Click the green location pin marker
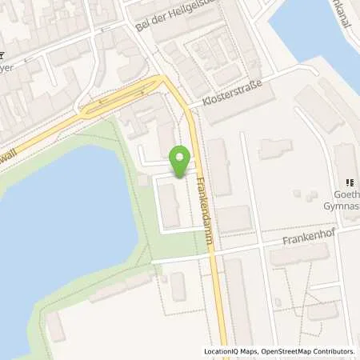click(181, 159)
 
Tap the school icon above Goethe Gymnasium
click(350, 182)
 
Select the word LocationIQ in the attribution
click(224, 351)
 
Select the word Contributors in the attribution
click(334, 351)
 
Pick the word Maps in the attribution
click(250, 351)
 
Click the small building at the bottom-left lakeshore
click(56, 327)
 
